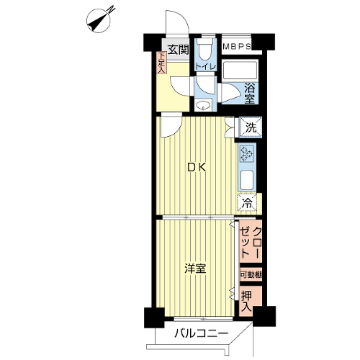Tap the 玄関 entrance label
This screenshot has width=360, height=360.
(178, 50)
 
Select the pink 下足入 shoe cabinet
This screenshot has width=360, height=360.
(161, 63)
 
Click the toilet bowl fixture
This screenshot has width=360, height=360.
(204, 49)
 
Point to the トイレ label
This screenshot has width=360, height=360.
(206, 66)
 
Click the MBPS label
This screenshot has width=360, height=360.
(237, 46)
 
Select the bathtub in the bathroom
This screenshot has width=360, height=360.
(240, 71)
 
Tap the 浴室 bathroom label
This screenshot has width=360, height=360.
(250, 94)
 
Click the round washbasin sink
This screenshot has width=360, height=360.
(203, 105)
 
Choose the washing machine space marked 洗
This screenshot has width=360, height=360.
(251, 127)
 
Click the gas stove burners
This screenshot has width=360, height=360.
(247, 153)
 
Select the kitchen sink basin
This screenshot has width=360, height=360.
(247, 180)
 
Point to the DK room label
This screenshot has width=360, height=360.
(197, 168)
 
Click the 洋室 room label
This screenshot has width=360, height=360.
(195, 269)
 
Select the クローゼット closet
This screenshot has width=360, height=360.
(251, 242)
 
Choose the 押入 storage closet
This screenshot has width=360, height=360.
(251, 301)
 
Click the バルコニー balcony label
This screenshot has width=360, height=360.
(201, 334)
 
